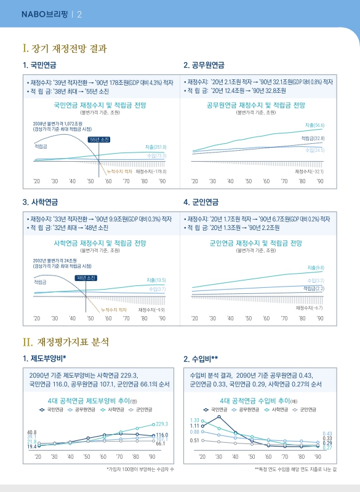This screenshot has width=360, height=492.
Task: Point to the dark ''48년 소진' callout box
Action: point(86,278)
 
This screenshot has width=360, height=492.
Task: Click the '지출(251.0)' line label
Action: point(156,148)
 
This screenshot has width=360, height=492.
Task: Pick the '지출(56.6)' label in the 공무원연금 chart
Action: point(315,125)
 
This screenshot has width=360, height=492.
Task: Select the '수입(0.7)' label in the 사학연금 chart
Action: point(157,289)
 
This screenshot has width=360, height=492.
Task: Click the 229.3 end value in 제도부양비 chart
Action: point(162,424)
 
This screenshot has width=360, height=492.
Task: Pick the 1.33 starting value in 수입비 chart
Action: point(194,420)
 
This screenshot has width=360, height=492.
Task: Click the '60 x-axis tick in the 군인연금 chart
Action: point(266,319)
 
